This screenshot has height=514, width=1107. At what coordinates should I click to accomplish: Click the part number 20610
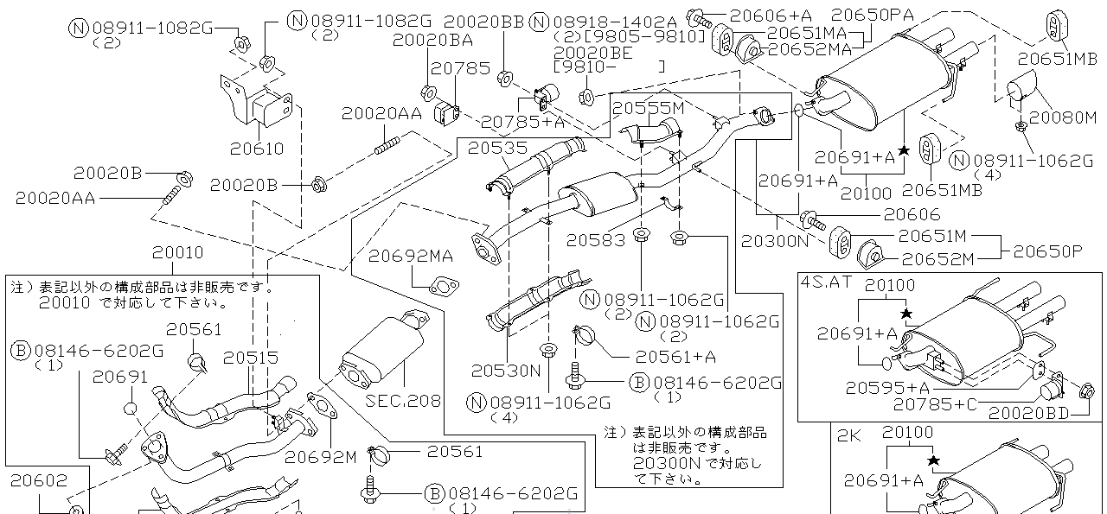point(257,149)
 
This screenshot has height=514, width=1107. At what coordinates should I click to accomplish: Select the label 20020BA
point(432,40)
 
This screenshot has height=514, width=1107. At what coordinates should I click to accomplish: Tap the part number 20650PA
point(873,15)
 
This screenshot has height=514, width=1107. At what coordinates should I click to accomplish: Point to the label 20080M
point(1063,117)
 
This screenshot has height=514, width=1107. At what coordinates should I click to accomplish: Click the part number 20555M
point(649,108)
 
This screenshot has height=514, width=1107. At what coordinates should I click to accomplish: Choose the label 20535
point(497,148)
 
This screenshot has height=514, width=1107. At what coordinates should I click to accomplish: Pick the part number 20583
point(596,240)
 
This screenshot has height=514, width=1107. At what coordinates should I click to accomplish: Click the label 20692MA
point(411,256)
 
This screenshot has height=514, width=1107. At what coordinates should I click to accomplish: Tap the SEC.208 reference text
point(403,401)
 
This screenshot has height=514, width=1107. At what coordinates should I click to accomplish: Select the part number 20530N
point(506,371)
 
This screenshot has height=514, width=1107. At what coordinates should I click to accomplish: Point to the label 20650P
point(1047,251)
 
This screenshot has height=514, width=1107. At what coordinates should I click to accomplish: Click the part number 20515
point(251,358)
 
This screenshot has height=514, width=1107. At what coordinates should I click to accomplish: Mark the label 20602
point(39,480)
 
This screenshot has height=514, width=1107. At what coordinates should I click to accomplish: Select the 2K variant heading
point(848,435)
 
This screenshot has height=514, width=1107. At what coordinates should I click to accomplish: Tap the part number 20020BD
point(1028,413)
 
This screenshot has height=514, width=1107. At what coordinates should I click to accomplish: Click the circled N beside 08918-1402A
point(539,22)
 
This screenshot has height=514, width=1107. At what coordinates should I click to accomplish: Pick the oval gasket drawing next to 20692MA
point(444,286)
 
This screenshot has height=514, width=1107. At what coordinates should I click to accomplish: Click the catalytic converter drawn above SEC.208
point(383,347)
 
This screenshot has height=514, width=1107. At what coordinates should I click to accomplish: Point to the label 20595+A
point(887,388)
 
